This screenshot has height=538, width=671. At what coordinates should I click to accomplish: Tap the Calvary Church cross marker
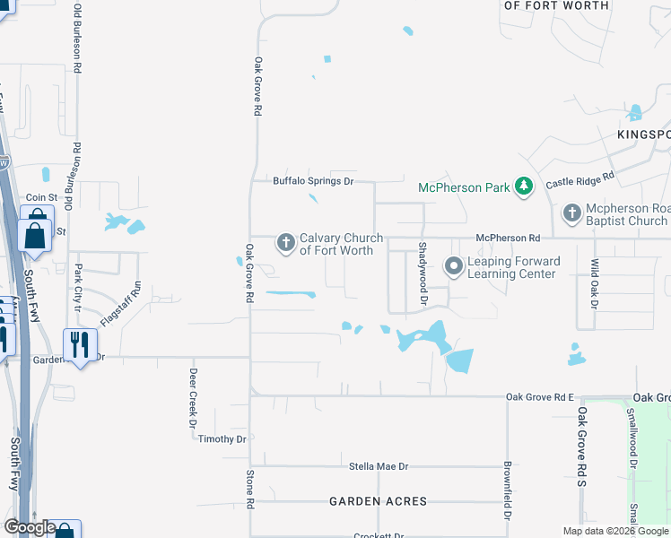click(285, 242)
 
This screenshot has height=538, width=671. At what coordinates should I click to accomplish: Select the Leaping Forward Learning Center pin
click(454, 266)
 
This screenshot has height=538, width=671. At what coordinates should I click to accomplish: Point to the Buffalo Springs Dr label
click(314, 181)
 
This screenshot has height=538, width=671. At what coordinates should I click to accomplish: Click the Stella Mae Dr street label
click(378, 466)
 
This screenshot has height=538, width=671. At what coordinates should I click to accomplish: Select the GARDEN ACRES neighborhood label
click(378, 501)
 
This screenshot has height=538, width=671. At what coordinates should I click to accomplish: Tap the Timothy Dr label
click(222, 438)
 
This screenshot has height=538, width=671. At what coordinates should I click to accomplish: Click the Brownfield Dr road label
click(508, 491)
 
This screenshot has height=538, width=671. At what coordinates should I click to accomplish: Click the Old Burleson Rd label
click(78, 38)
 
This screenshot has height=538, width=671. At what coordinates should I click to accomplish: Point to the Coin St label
click(41, 197)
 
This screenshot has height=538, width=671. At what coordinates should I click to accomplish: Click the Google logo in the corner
click(29, 527)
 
